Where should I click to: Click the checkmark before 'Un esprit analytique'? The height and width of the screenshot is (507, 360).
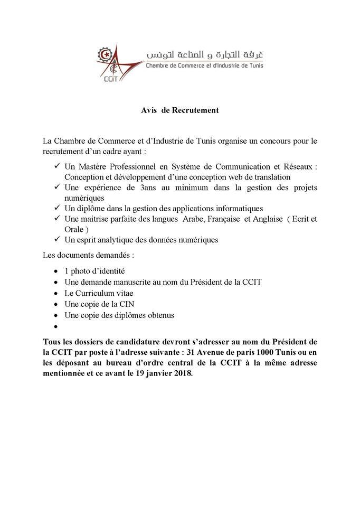[x=56, y=240]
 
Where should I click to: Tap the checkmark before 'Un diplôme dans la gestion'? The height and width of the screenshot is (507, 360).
[x=56, y=208]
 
